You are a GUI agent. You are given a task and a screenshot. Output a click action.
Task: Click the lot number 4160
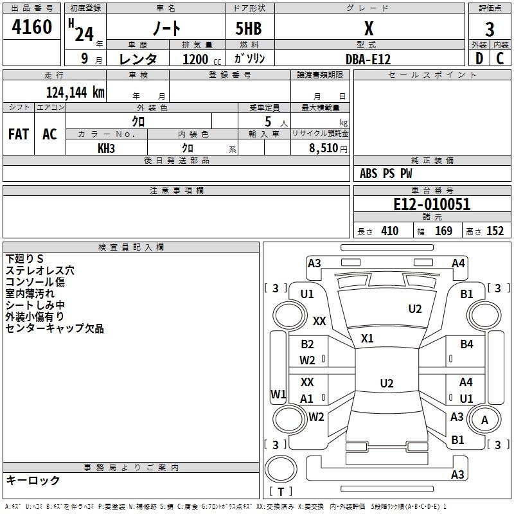point(31,27)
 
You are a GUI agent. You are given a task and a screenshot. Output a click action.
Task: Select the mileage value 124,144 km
point(75,93)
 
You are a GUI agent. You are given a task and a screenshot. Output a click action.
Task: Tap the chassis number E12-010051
point(432,204)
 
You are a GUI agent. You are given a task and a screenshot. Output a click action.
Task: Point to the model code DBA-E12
point(368,59)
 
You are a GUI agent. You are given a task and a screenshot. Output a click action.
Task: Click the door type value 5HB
point(249,28)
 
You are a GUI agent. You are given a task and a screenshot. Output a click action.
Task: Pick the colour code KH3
point(106,148)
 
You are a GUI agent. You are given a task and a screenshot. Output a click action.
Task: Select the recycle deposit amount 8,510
point(324,148)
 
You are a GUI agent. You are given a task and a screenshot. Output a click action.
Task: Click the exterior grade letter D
point(479,58)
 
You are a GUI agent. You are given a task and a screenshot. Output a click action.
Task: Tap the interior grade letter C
point(500,58)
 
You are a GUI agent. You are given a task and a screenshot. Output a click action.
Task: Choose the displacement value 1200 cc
point(202,59)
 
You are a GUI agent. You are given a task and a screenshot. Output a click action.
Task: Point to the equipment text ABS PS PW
point(386,173)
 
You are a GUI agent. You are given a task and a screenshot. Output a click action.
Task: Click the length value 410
point(390,231)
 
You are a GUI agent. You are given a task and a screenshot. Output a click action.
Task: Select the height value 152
point(495,231)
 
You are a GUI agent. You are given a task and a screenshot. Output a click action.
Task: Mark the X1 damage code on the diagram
point(367,339)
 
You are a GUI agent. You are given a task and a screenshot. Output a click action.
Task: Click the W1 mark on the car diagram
point(278,394)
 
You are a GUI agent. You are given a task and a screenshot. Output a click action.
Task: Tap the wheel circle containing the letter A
point(484,420)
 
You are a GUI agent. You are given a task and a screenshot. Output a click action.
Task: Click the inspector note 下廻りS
point(24,259)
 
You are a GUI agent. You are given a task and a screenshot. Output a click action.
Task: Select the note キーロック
point(33,481)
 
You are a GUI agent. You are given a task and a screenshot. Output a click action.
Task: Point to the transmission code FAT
point(19,134)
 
